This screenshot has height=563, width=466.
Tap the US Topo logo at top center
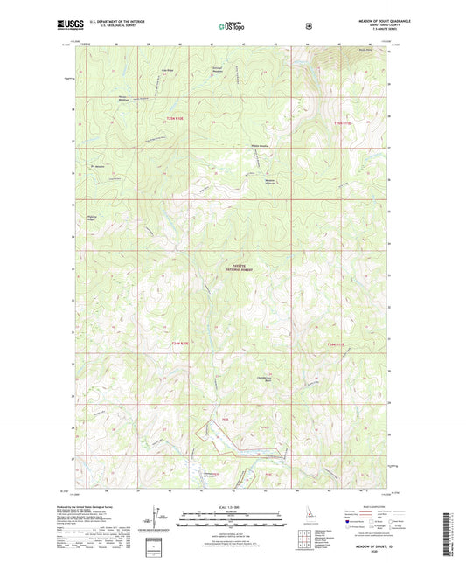click(x=231, y=27)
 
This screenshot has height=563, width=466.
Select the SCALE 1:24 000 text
click(x=231, y=508)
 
